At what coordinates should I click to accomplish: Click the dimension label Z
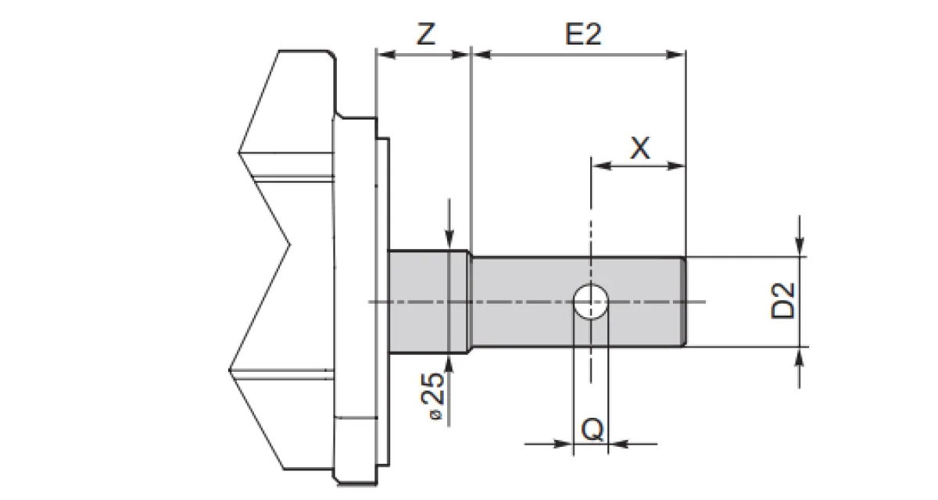(424, 35)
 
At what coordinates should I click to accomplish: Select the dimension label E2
(582, 35)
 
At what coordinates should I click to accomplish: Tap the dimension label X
(639, 148)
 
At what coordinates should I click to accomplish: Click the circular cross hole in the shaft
(591, 301)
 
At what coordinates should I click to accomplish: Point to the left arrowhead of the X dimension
(599, 166)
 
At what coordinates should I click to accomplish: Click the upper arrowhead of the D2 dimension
(800, 248)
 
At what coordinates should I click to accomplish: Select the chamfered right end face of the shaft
(684, 301)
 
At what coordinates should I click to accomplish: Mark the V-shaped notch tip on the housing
(291, 246)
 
